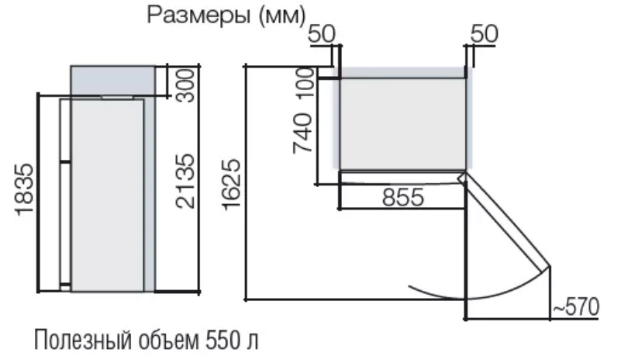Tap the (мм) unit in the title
pyautogui.click(x=283, y=16)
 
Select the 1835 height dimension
pyautogui.click(x=25, y=189)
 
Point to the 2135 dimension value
pyautogui.click(x=185, y=181)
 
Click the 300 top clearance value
pyautogui.click(x=185, y=85)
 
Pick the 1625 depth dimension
pyautogui.click(x=231, y=184)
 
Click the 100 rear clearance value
pyautogui.click(x=305, y=83)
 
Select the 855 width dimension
pyautogui.click(x=403, y=196)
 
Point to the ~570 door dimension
pyautogui.click(x=576, y=306)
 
